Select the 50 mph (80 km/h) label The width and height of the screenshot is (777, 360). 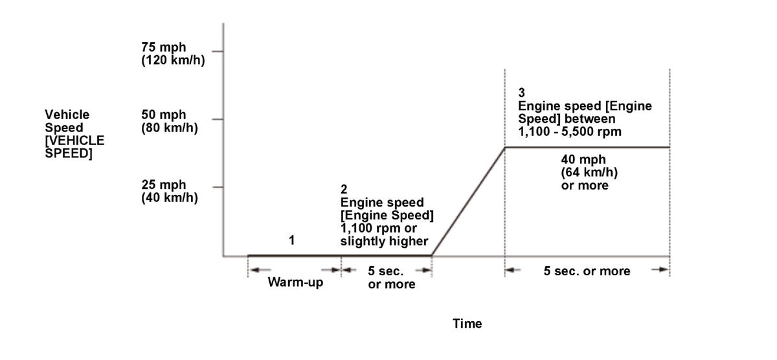(170, 121)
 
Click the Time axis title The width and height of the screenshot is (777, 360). (467, 324)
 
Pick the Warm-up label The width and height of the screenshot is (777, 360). (295, 284)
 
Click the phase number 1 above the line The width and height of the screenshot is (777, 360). (291, 240)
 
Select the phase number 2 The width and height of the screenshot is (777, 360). (344, 189)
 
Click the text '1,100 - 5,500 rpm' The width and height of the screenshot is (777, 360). (569, 132)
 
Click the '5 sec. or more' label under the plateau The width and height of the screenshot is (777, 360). (587, 271)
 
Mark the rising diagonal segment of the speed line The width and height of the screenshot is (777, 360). (468, 201)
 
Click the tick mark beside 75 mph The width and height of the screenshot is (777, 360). (218, 51)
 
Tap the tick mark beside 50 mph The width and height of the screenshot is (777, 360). (218, 119)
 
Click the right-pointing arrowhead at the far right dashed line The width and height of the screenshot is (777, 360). (664, 270)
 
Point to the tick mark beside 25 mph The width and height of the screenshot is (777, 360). (218, 187)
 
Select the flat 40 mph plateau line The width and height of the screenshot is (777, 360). (587, 148)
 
